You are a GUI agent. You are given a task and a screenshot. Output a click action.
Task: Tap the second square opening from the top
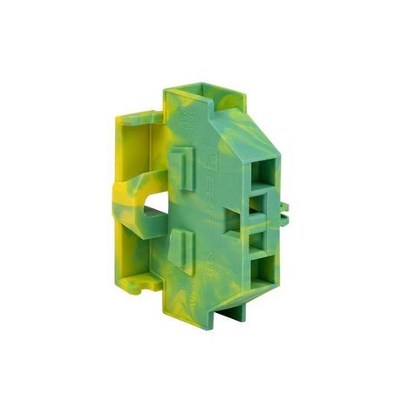tap(257, 206)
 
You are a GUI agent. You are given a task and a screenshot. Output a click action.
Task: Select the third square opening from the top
tap(258, 237)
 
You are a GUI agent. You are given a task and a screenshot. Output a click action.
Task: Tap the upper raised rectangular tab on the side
tap(179, 165)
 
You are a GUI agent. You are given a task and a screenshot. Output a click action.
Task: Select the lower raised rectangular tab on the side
tap(177, 243)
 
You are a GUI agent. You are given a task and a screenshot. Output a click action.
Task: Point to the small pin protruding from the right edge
tap(284, 208)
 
